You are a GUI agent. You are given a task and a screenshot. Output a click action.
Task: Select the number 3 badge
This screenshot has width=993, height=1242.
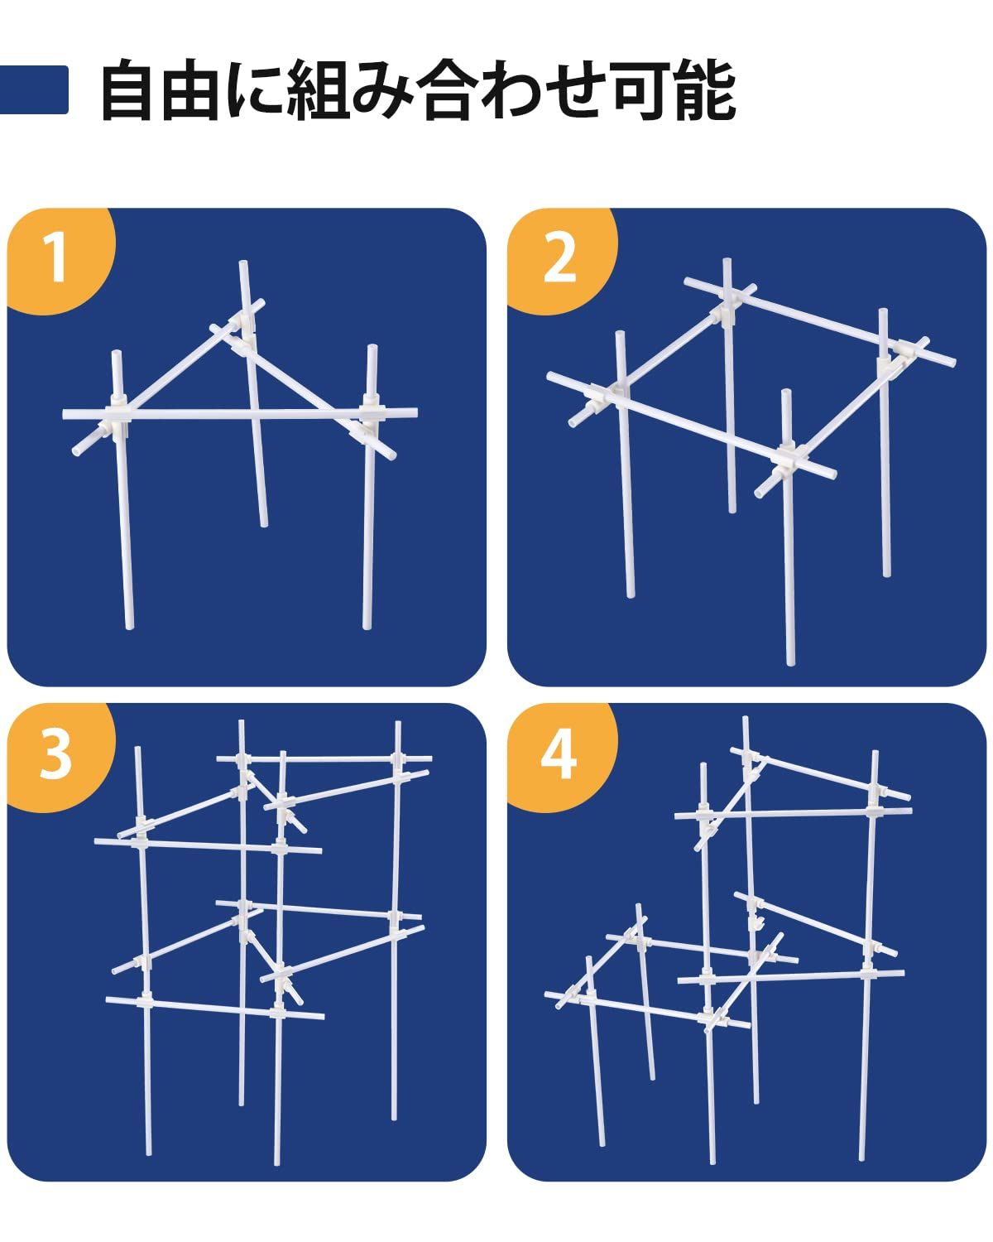(x=56, y=755)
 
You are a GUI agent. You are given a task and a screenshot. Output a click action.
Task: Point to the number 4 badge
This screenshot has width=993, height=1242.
(x=559, y=755)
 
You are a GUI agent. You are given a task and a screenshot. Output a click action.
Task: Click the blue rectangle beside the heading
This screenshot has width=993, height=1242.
(x=34, y=89)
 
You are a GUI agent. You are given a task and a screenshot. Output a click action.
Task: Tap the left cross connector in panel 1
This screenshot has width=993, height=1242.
(x=118, y=416)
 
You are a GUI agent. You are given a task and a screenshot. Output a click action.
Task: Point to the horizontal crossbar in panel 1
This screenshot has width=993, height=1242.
(x=240, y=414)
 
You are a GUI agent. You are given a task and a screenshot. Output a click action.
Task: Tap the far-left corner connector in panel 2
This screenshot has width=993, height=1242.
(x=606, y=398)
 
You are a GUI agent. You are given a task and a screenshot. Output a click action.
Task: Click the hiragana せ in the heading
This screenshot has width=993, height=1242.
(x=576, y=90)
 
